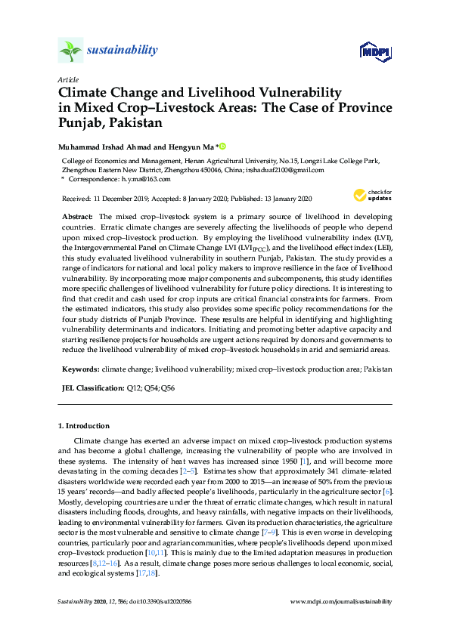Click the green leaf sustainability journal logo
tap(70, 51)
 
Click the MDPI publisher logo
tap(374, 51)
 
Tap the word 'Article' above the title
tap(67, 79)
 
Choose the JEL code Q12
tap(135, 387)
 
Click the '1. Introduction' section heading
tap(84, 426)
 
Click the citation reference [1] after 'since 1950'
tap(304, 460)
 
